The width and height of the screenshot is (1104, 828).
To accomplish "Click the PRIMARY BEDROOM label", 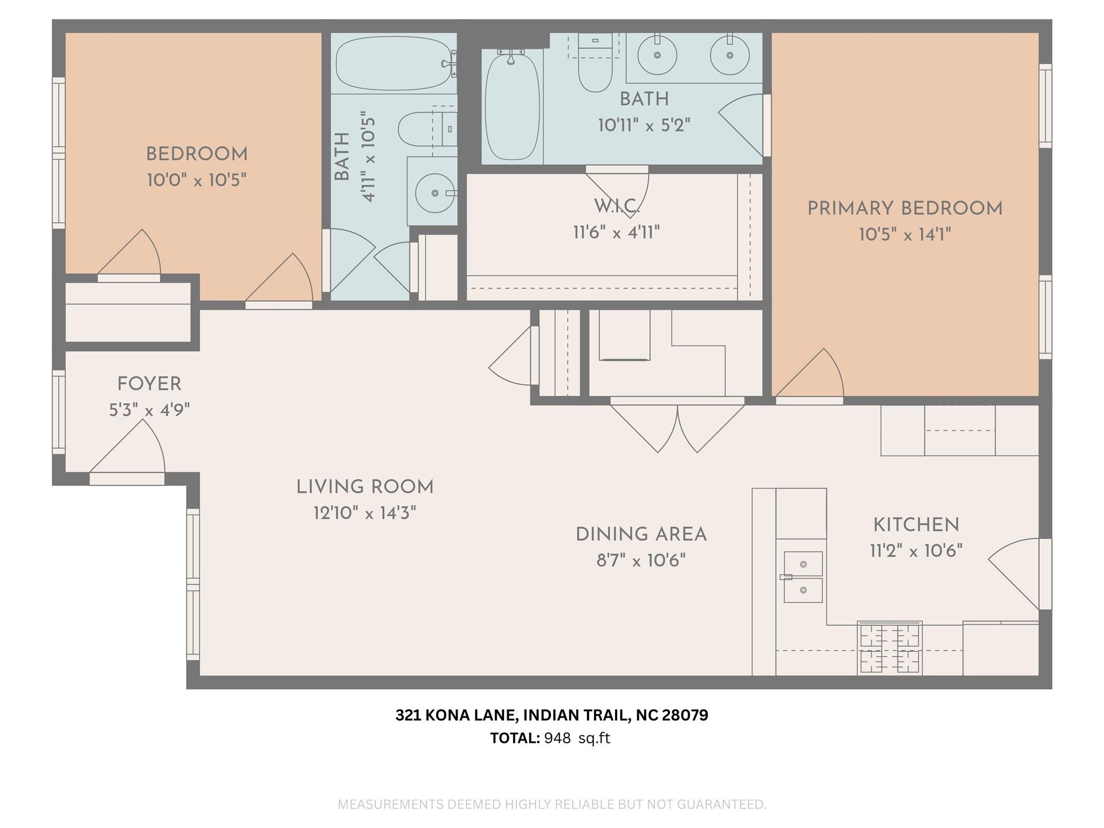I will (905, 209).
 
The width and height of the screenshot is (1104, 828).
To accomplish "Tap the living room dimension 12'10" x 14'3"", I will (365, 513).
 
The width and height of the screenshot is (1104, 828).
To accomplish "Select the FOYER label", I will (149, 384).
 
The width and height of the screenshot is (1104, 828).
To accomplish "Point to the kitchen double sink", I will (803, 577).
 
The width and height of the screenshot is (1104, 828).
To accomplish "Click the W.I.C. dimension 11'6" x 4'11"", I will (616, 233).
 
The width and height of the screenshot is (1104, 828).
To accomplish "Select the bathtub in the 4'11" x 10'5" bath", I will (394, 64).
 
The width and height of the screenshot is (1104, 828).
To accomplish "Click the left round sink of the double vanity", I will (657, 55).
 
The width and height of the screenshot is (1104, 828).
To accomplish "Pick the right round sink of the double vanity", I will (729, 55).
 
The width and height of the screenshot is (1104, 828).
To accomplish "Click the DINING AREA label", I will (641, 535).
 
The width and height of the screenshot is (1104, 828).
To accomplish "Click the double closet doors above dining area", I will (677, 426).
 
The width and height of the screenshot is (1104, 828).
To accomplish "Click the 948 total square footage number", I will (557, 738).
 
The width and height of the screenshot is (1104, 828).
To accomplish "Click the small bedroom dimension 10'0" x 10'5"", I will (197, 180).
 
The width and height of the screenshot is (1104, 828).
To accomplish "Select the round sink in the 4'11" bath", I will (434, 193).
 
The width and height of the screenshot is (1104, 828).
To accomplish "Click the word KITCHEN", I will (916, 525).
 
